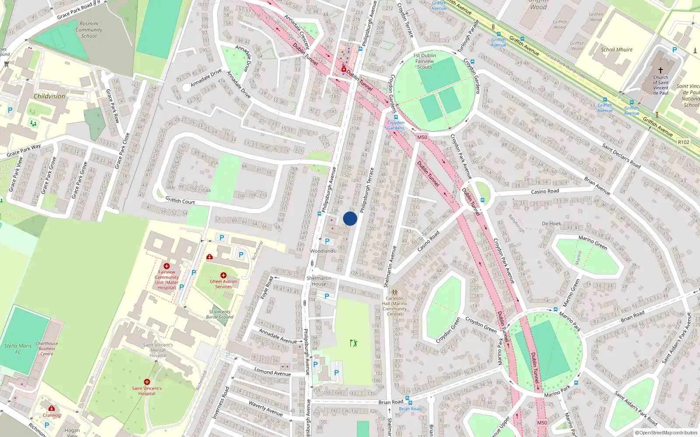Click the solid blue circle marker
(x=350, y=218)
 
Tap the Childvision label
(x=49, y=96)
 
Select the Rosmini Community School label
(x=89, y=30)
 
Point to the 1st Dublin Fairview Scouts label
(x=424, y=61)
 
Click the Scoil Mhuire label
(x=616, y=50)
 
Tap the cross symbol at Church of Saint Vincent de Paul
(x=661, y=70)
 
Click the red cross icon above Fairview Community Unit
(x=167, y=266)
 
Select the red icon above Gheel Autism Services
(x=224, y=275)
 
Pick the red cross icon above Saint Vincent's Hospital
(x=147, y=382)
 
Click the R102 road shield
(x=683, y=142)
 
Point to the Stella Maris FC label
(x=18, y=349)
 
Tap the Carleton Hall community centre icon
(x=394, y=292)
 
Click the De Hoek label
(x=551, y=224)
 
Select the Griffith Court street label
(x=180, y=201)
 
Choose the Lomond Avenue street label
(x=273, y=372)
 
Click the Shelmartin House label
(x=319, y=281)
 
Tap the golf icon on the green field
(x=353, y=343)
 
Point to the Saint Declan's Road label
(x=621, y=156)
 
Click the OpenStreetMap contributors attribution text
(x=666, y=433)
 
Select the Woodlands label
(x=323, y=251)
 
